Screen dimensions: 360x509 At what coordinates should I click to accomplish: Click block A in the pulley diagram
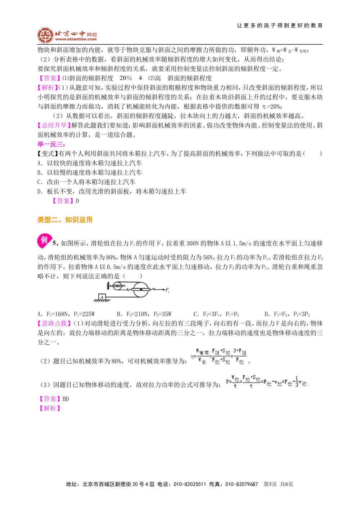click(x=102, y=297)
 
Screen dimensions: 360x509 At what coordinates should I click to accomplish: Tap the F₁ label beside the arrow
click(x=167, y=290)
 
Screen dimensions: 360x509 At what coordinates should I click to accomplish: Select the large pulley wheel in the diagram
click(x=140, y=290)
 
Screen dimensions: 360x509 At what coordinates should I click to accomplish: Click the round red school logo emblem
click(x=45, y=36)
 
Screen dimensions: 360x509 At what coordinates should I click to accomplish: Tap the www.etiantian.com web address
click(x=76, y=39)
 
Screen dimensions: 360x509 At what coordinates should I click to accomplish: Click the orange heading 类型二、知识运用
click(x=65, y=220)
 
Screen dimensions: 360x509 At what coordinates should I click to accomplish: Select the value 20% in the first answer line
click(x=126, y=78)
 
